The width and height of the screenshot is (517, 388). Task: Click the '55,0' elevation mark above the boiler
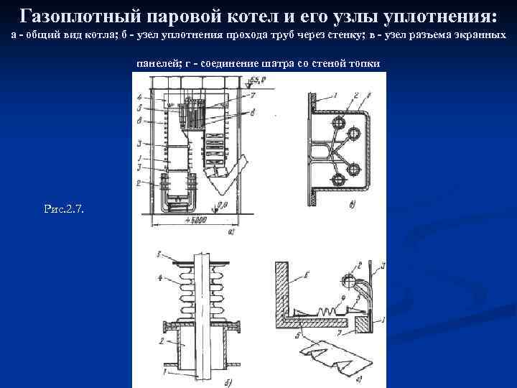click(x=251, y=80)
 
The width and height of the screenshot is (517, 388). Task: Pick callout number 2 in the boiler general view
click(x=137, y=183)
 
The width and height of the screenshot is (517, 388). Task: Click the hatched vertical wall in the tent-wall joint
click(x=281, y=295)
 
